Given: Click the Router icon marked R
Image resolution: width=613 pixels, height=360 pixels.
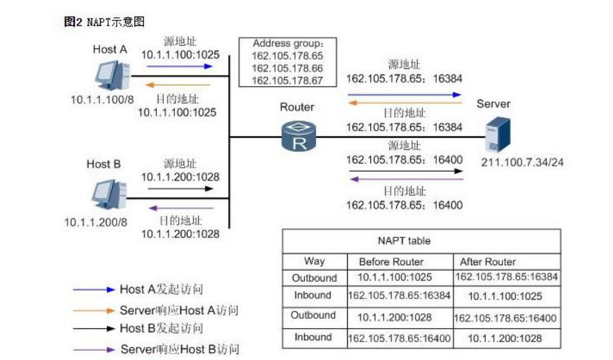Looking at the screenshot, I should click(x=298, y=137).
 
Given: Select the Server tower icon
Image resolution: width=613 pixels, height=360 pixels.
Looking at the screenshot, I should click(x=498, y=135).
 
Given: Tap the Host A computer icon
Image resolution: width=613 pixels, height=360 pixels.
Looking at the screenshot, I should click(x=110, y=74).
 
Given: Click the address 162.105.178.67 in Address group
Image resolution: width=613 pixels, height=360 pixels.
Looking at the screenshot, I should click(x=287, y=80).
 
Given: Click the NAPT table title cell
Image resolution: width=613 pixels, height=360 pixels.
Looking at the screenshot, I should click(x=421, y=241).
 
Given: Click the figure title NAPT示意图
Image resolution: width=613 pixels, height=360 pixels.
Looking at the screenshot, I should click(x=105, y=23).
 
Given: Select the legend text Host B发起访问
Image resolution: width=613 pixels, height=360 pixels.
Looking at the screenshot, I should click(x=161, y=328).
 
